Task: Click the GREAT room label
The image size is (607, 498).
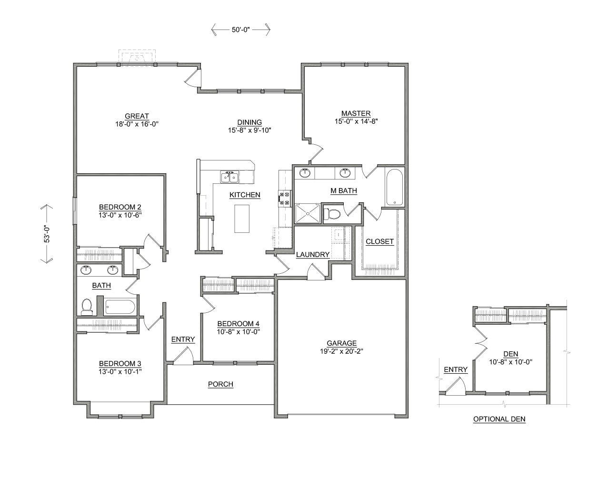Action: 137,116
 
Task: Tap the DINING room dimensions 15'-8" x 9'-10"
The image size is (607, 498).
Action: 250,129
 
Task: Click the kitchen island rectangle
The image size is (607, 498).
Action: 242,219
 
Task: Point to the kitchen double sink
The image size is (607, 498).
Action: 229,177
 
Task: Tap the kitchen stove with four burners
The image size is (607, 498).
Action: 285,198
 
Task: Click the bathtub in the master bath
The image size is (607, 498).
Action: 395,188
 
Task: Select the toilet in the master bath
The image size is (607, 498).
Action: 332,214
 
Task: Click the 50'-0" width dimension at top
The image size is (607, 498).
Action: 241,30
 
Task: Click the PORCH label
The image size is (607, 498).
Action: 220,384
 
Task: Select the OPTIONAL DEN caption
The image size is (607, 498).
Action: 499,419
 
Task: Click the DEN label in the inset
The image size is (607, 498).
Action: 510,354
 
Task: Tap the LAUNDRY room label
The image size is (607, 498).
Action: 313,255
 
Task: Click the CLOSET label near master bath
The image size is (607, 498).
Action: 379,241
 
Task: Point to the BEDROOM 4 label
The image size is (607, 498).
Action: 238,324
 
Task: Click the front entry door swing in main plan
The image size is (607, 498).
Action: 183,356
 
